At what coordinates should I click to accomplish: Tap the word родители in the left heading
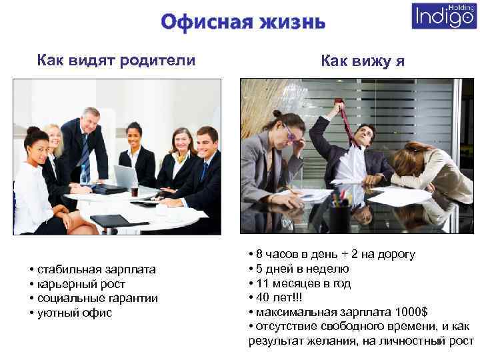(157, 61)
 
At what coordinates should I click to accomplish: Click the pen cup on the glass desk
(339, 213)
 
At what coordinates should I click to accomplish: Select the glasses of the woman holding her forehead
(289, 133)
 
